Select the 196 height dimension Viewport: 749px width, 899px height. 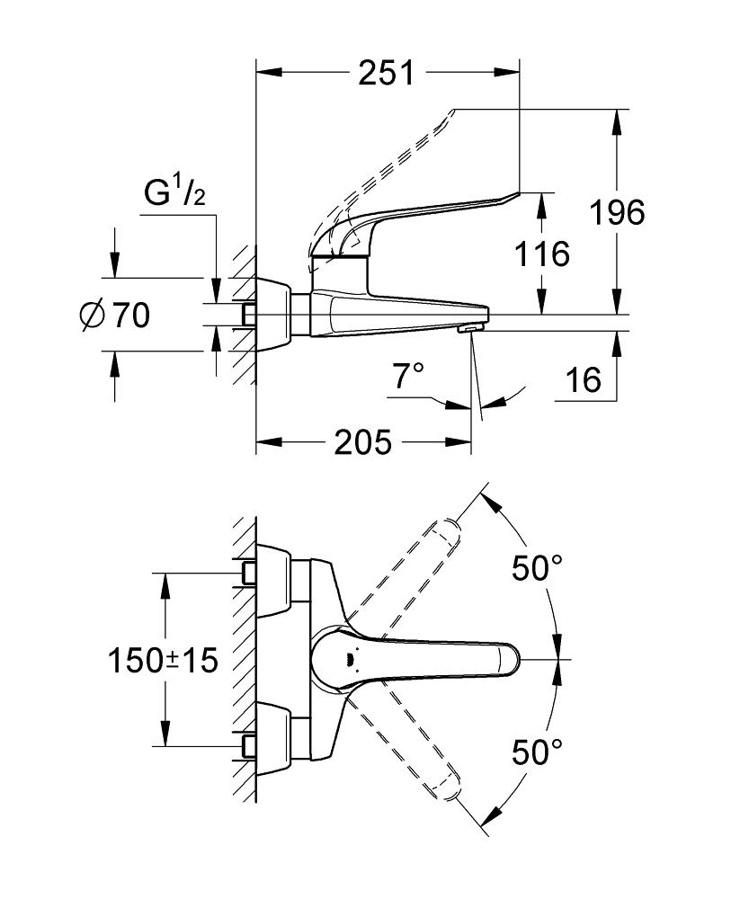616,213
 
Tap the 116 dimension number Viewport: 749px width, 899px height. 542,254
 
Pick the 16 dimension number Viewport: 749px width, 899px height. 584,380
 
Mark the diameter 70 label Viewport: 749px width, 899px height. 114,316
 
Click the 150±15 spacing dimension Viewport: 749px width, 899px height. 163,661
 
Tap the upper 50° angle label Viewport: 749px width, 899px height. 537,568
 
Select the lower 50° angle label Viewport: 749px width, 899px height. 537,752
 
